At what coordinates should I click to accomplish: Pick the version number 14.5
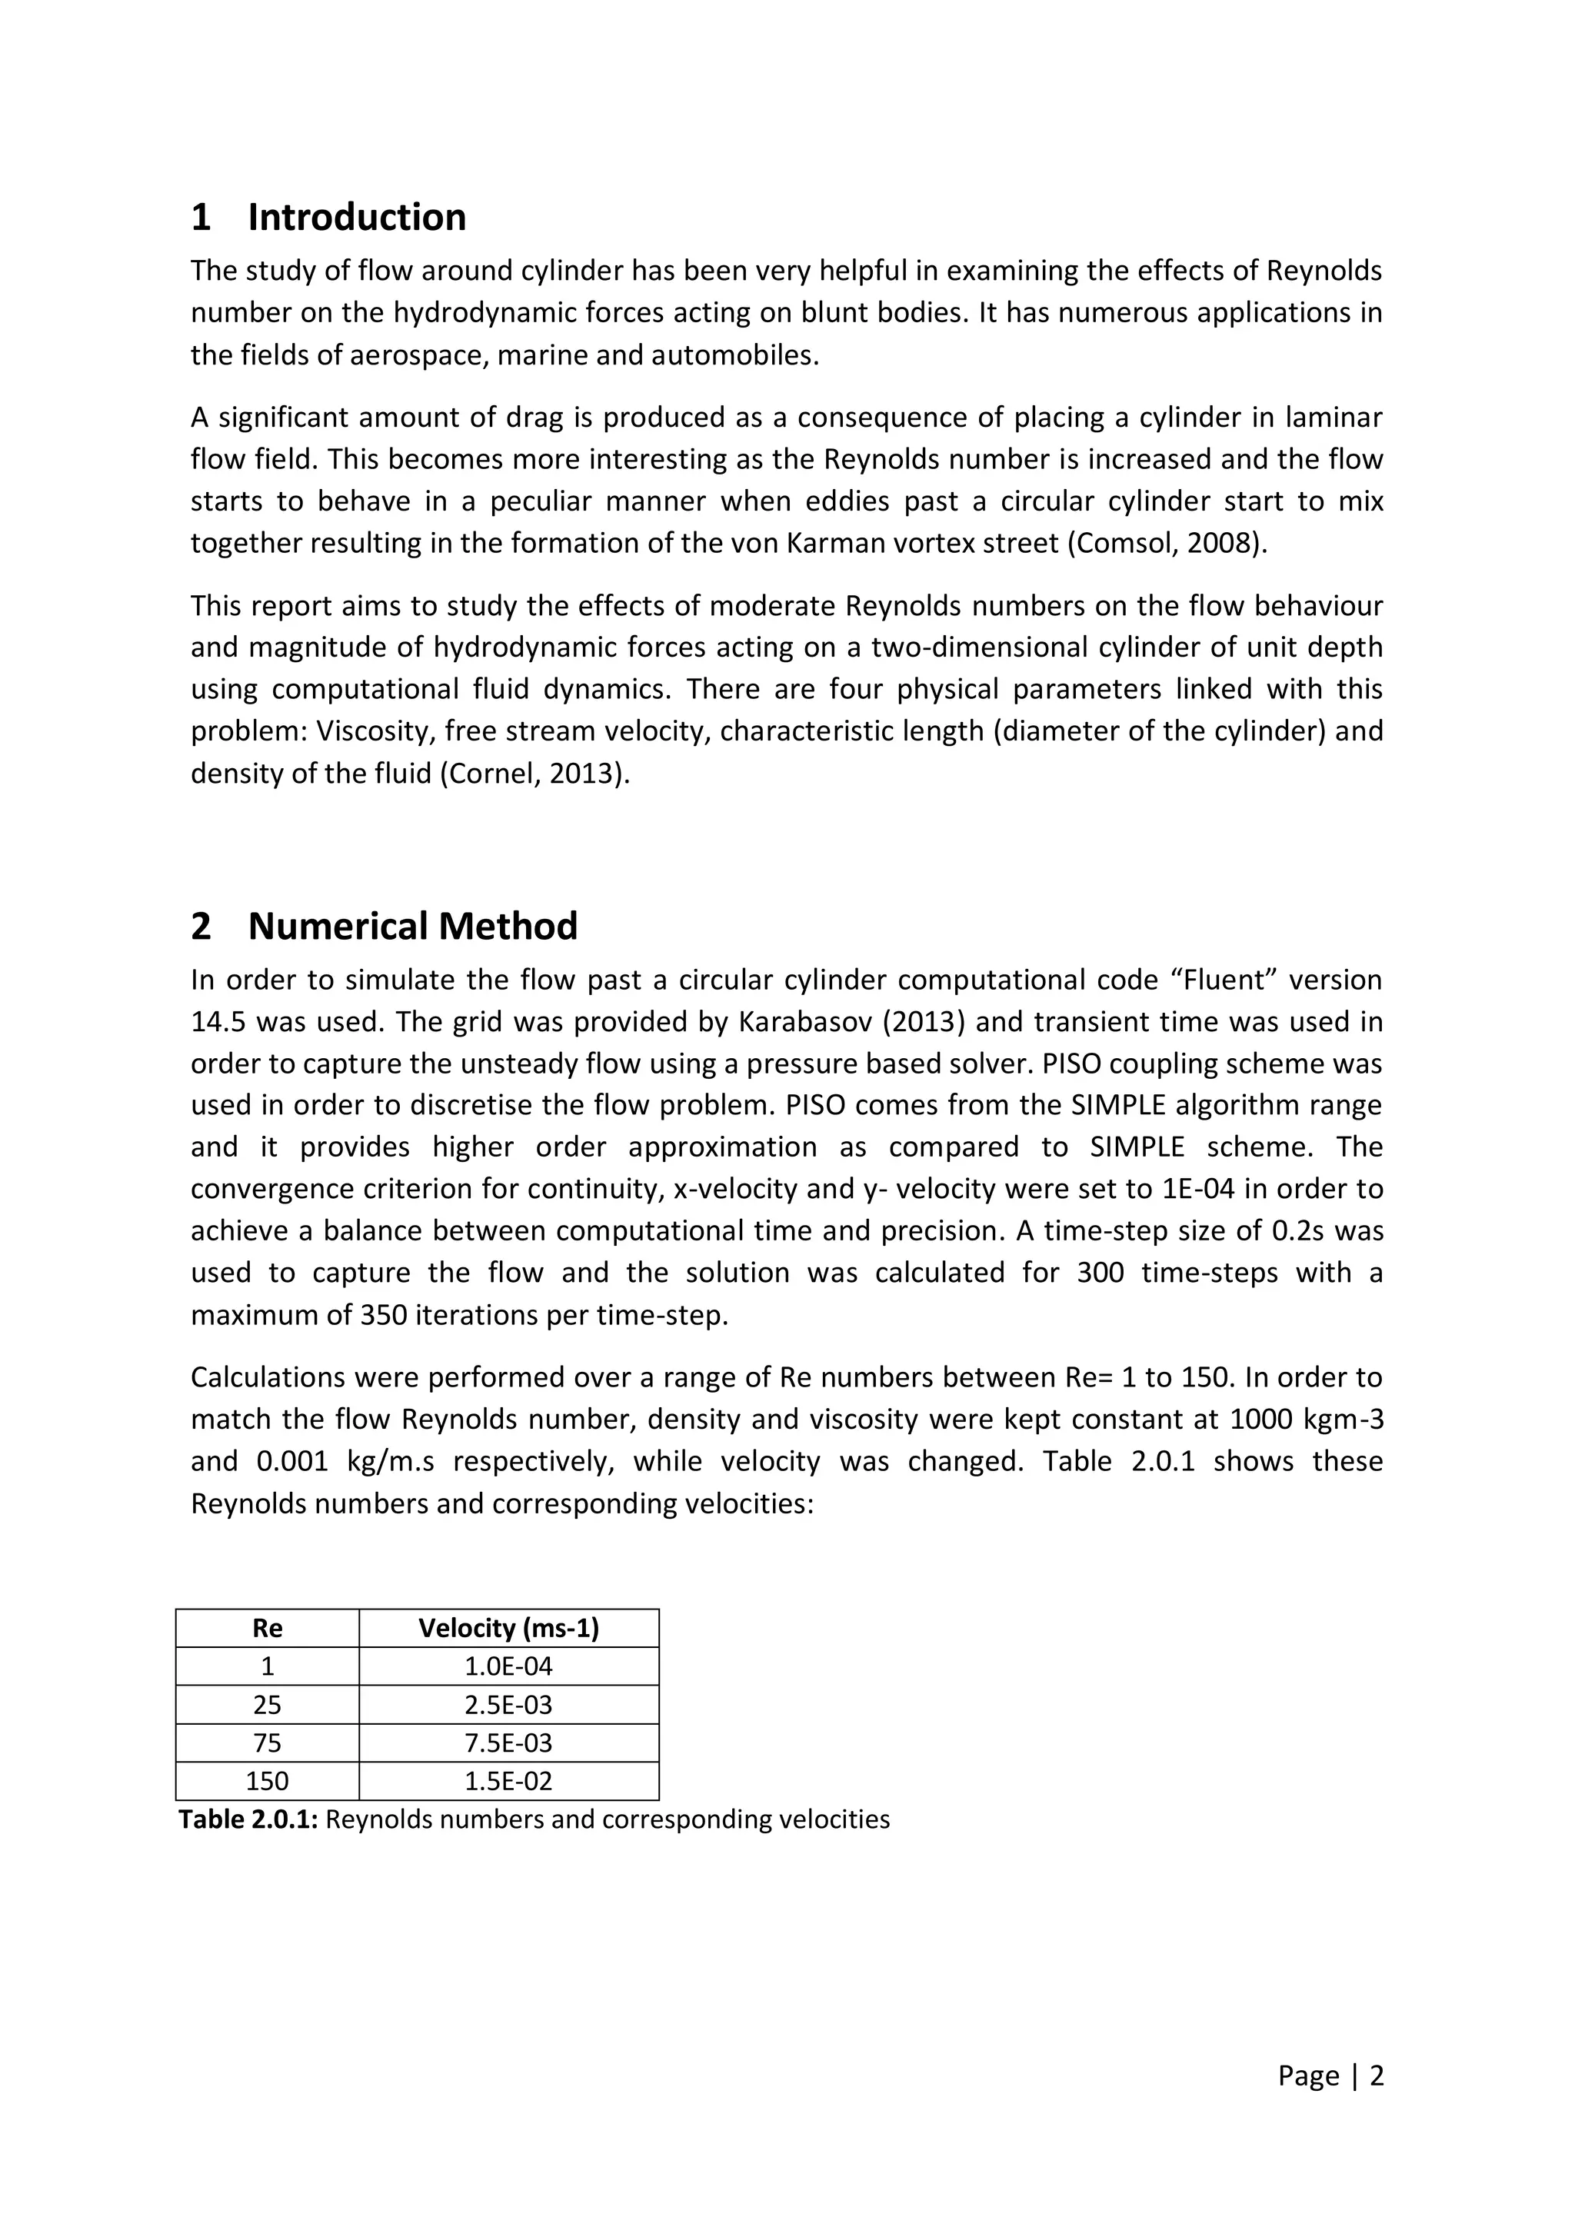click(217, 1022)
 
